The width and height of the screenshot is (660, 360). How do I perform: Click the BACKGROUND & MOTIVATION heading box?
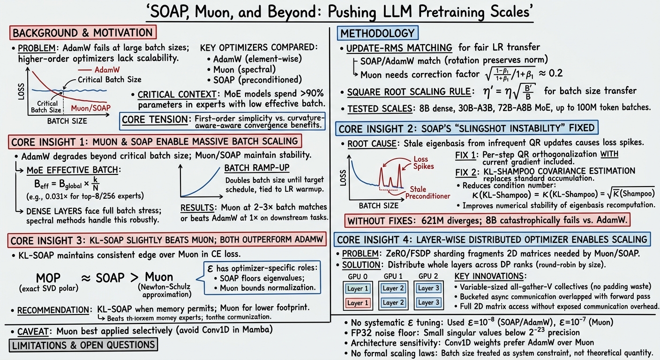click(83, 33)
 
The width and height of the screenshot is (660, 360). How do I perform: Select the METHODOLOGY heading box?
click(377, 33)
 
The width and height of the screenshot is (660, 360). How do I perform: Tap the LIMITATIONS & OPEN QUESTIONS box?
click(83, 345)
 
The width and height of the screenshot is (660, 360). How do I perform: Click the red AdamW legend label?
click(107, 70)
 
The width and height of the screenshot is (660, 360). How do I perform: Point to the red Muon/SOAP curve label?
click(91, 108)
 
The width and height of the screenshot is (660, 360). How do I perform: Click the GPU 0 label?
click(358, 277)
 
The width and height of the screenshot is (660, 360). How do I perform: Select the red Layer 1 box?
click(358, 303)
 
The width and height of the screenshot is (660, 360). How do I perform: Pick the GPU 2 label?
click(428, 277)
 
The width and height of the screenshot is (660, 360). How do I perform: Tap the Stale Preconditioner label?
click(427, 192)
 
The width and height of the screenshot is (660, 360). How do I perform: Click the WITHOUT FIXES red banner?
click(487, 220)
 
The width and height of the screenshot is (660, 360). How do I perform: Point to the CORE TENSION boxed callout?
click(223, 121)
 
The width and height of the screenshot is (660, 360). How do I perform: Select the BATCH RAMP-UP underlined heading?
click(257, 168)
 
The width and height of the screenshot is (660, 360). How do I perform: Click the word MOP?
click(48, 278)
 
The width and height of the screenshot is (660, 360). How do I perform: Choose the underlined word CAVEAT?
click(33, 331)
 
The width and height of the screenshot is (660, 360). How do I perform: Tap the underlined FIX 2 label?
click(465, 172)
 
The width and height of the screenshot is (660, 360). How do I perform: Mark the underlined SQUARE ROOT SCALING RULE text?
click(409, 92)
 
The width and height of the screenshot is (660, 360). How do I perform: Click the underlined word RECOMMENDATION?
click(53, 310)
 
